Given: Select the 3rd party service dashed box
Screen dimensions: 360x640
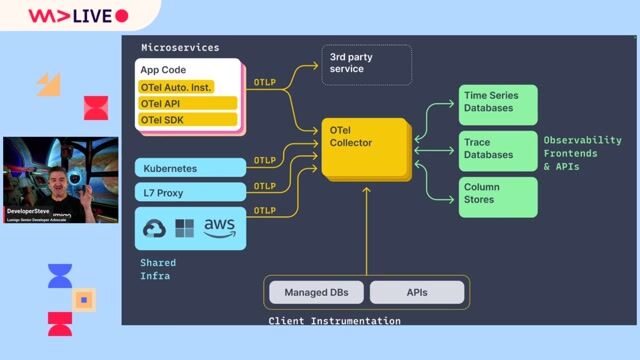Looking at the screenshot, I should click(x=365, y=64).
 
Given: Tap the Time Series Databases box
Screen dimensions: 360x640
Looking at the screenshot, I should click(x=497, y=104).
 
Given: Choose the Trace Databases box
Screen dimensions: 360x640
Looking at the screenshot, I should click(x=497, y=149).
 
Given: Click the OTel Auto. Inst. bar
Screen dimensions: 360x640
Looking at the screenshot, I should click(x=187, y=87).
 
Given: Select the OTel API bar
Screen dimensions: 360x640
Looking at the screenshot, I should click(x=187, y=103).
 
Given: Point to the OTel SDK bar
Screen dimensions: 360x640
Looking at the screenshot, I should click(x=187, y=120).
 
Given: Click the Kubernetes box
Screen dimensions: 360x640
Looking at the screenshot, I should click(x=189, y=168).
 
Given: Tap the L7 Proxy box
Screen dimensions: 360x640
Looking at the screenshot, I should click(x=189, y=192).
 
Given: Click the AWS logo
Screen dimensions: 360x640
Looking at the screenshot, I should click(x=219, y=228).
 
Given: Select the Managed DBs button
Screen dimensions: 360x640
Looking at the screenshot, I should click(x=315, y=292).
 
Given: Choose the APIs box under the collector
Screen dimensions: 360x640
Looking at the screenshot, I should click(x=417, y=292).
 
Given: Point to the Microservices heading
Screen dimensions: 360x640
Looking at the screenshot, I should click(x=180, y=48).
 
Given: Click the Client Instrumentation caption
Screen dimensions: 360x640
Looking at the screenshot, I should click(x=334, y=321).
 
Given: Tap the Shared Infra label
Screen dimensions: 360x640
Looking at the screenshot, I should click(x=158, y=269).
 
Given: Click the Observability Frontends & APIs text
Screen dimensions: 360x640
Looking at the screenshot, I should click(x=582, y=153).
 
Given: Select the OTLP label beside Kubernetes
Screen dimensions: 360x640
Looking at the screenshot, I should click(x=265, y=160).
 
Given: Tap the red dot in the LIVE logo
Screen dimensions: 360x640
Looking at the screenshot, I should click(x=122, y=16).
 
